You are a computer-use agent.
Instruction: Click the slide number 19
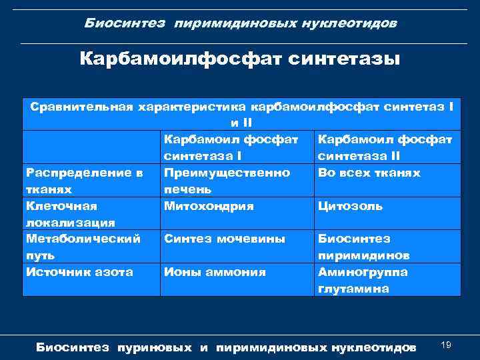point(446,344)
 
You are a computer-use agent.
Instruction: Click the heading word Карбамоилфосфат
point(181,59)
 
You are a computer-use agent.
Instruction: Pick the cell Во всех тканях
point(369,173)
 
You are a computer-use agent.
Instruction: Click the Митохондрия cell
point(209,206)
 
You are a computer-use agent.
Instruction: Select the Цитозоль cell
point(351,207)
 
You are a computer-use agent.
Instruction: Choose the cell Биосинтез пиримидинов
point(364,247)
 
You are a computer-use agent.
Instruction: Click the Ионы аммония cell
point(215,272)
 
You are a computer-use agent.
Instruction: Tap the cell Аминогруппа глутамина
point(363,281)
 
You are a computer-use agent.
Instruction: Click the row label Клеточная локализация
point(70,214)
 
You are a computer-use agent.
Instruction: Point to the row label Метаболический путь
point(83,247)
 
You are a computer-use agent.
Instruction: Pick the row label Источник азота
point(79,272)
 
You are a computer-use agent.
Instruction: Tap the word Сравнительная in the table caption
point(80,107)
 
